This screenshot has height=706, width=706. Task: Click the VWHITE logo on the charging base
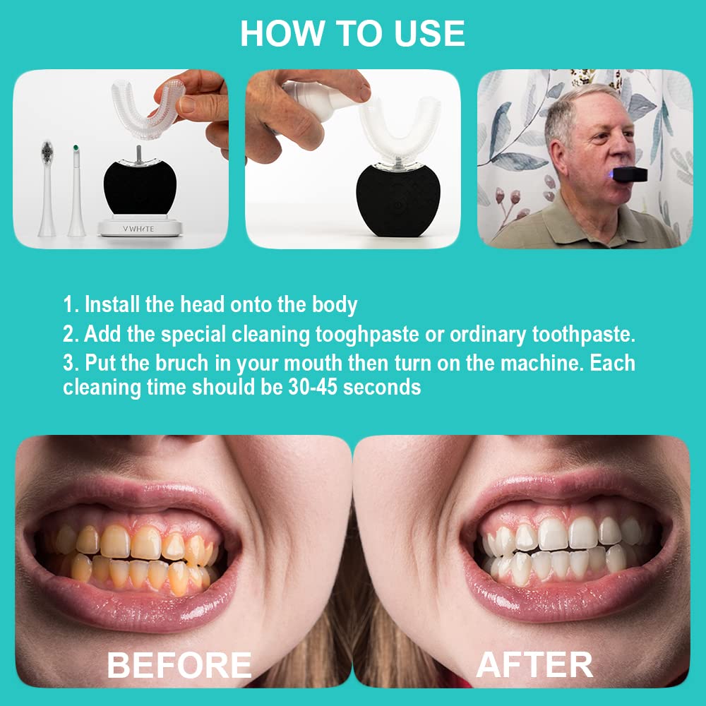[138, 229]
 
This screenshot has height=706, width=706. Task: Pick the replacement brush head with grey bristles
[47, 189]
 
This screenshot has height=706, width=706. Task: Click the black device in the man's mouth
[630, 174]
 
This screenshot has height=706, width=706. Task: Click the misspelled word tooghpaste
[367, 335]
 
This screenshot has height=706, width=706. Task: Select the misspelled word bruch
[182, 363]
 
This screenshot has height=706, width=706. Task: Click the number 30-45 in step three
[313, 387]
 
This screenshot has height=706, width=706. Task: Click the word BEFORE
[179, 665]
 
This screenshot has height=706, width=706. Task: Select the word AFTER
[534, 665]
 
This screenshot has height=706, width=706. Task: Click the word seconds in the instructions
[382, 387]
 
